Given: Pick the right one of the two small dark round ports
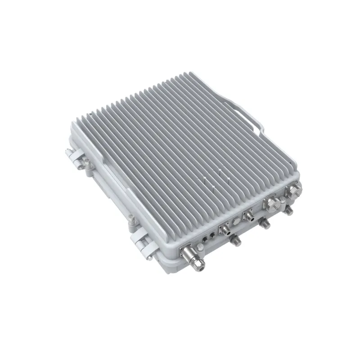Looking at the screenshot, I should (x=211, y=233).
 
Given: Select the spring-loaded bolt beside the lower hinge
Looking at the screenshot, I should (x=131, y=220).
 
